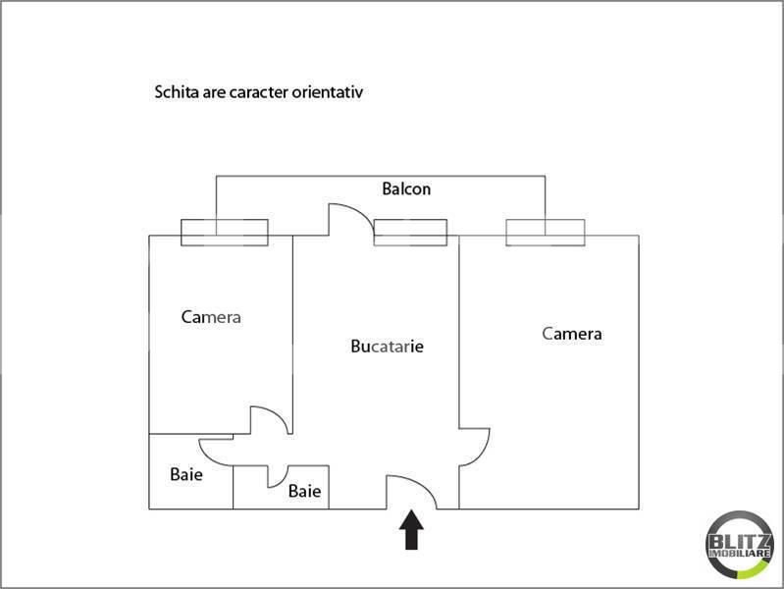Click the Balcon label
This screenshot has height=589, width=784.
(x=406, y=189)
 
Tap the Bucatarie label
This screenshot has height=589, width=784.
(x=387, y=347)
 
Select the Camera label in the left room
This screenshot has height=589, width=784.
(x=211, y=317)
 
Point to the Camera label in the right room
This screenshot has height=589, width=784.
(x=571, y=334)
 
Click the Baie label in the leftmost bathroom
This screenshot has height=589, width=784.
(x=186, y=474)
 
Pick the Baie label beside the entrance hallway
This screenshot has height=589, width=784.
(x=304, y=491)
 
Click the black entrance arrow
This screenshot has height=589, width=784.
(x=411, y=529)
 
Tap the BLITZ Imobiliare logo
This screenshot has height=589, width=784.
(x=740, y=545)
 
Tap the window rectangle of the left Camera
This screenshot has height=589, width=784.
(x=225, y=233)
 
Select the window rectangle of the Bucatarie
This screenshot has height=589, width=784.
(x=410, y=233)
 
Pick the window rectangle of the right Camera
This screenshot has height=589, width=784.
(x=545, y=233)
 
